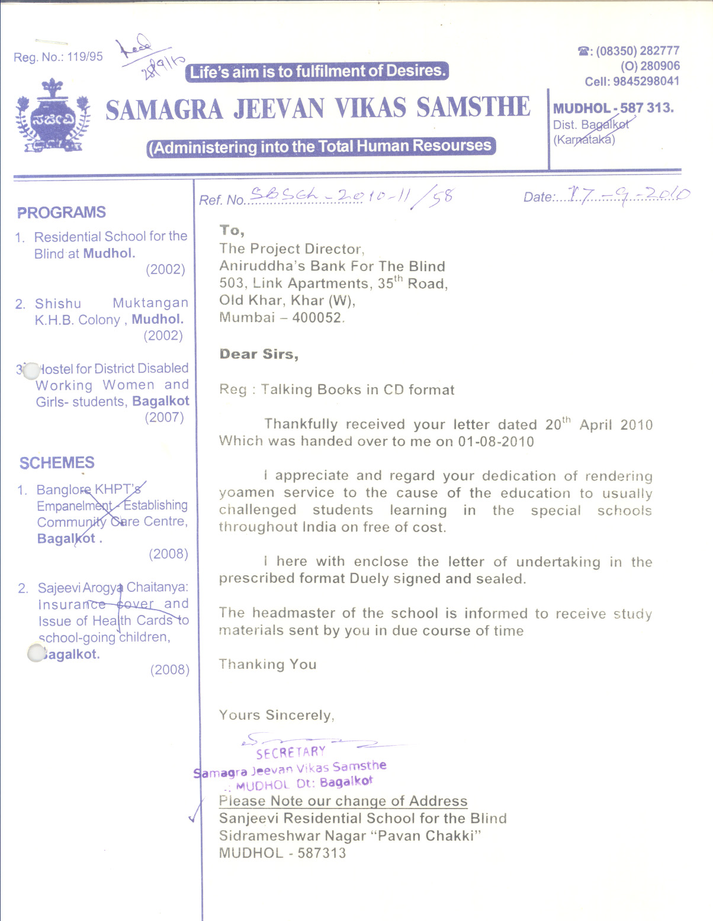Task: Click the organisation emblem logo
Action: [52, 116]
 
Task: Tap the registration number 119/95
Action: [85, 57]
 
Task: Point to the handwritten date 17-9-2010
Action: [628, 194]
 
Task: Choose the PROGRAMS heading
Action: [62, 212]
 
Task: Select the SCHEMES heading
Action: [57, 463]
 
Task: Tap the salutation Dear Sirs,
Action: [259, 354]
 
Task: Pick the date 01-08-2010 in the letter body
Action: [496, 442]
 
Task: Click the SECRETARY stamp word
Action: [291, 753]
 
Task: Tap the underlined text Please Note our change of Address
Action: [343, 801]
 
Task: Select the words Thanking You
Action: [268, 664]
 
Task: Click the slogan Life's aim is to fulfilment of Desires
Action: [317, 72]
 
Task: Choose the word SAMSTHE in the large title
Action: [473, 108]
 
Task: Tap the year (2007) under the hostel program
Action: [165, 417]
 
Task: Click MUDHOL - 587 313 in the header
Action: [613, 108]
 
